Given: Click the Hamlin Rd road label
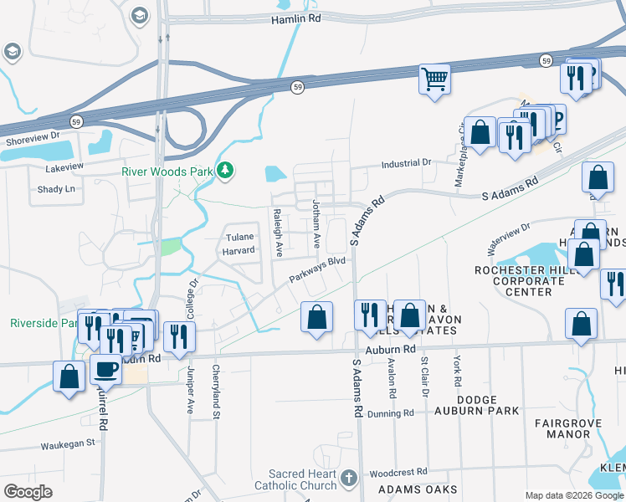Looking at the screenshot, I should coord(296,18).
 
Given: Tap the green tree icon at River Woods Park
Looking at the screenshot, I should coord(224,172).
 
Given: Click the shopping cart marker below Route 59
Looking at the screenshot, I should coord(434,79).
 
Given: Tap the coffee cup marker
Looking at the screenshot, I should coord(106,369).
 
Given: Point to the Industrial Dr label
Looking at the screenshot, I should coord(406,162).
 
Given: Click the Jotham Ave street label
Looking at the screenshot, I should coord(316,223).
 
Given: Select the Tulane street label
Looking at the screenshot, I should coord(240,237).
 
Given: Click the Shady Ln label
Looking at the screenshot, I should coord(56,189).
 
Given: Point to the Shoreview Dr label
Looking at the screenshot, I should coord(33,135).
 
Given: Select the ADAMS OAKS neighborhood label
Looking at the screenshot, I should coord(418,489).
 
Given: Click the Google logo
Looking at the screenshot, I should coord(28,492).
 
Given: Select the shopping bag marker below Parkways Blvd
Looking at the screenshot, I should coord(316,317).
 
